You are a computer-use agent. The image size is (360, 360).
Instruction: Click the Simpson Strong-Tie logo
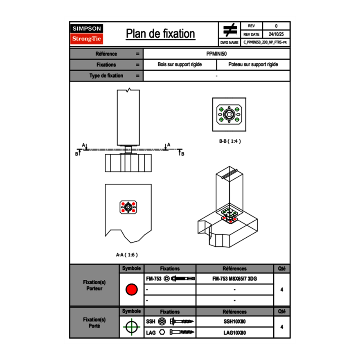[87, 34]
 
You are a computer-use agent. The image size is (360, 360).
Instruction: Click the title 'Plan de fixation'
[160, 34]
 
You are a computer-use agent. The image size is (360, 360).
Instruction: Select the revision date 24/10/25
[276, 34]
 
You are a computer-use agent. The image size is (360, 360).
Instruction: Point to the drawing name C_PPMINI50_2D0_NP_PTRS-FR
[265, 42]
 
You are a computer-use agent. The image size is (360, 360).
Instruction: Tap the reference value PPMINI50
[216, 54]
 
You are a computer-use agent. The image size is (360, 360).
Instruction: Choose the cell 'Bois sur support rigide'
[180, 65]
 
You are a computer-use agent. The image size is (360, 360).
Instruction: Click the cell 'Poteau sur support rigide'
[253, 65]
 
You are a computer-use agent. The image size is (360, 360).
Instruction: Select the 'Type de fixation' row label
[106, 76]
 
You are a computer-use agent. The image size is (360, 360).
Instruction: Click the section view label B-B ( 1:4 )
[229, 141]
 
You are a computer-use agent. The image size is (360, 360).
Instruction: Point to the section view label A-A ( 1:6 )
[127, 254]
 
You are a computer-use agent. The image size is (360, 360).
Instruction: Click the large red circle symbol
[131, 290]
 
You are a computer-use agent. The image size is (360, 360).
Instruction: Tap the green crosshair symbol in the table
[131, 327]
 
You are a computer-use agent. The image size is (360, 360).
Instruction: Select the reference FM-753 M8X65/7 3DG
[234, 279]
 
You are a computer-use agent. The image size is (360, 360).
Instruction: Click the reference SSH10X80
[234, 322]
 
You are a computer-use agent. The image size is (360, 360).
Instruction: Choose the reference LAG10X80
[234, 333]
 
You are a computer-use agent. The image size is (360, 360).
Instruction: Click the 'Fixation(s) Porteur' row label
[94, 285]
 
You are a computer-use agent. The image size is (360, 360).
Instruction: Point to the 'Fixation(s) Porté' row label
[94, 323]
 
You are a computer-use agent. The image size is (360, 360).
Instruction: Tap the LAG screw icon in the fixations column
[180, 333]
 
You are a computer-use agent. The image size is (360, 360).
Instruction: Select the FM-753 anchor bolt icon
[182, 279]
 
